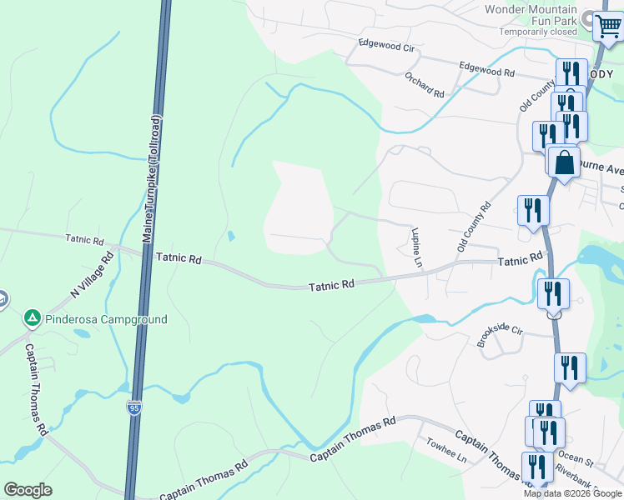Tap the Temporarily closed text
(x=538, y=32)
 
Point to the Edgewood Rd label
(x=487, y=69)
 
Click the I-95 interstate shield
(x=134, y=407)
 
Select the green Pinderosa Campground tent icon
(x=32, y=318)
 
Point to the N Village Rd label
(x=92, y=277)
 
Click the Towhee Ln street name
(x=445, y=451)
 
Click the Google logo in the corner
(x=28, y=490)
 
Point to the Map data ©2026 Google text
(x=571, y=493)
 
